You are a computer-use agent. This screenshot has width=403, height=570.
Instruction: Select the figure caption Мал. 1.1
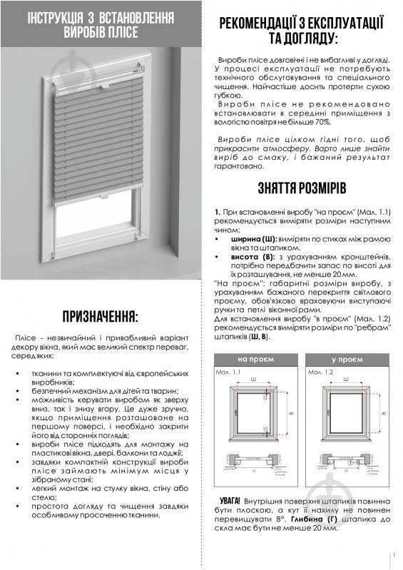coord(228,372)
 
